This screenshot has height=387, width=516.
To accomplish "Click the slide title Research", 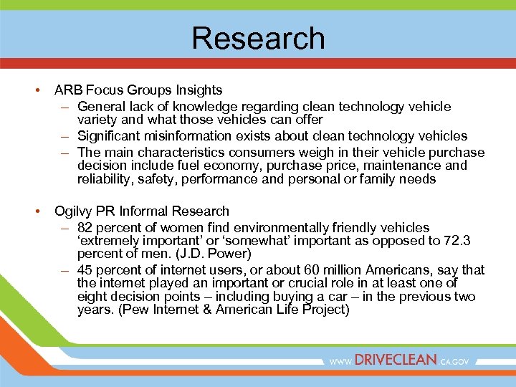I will pyautogui.click(x=258, y=38).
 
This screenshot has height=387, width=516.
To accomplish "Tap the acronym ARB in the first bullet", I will pyautogui.click(x=68, y=90).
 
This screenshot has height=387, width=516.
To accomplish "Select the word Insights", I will pyautogui.click(x=198, y=90).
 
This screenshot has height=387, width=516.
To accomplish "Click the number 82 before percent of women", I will pyautogui.click(x=85, y=227).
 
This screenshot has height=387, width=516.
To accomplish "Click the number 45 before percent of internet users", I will pyautogui.click(x=85, y=270).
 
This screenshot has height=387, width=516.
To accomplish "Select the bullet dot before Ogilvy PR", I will pyautogui.click(x=36, y=211).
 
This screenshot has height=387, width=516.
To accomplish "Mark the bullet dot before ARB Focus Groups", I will pyautogui.click(x=36, y=90).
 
